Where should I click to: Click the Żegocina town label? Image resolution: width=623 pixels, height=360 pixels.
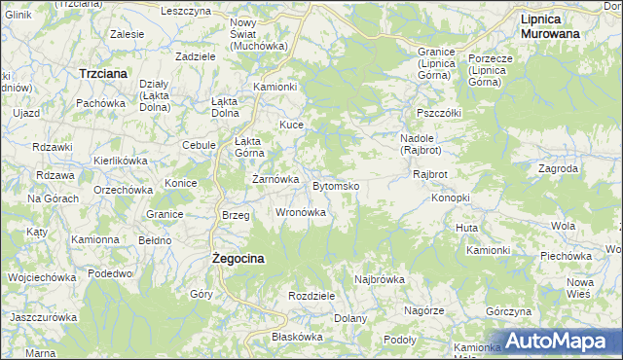238,259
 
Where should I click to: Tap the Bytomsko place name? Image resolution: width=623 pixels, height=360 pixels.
337,185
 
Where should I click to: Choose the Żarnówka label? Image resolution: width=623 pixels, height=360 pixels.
274,179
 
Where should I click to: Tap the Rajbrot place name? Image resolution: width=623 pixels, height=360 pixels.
429,174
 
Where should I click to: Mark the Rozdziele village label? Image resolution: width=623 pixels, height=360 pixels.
311,295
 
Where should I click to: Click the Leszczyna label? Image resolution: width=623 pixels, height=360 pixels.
187,11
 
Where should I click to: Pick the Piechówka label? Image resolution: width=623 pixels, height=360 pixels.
567,256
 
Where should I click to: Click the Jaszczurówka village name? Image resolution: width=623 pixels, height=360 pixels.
43,317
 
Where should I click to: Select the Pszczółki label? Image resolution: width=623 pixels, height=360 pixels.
438,113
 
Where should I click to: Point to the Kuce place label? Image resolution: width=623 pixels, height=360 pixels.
292,125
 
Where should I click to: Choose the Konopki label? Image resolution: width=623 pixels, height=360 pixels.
451,198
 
